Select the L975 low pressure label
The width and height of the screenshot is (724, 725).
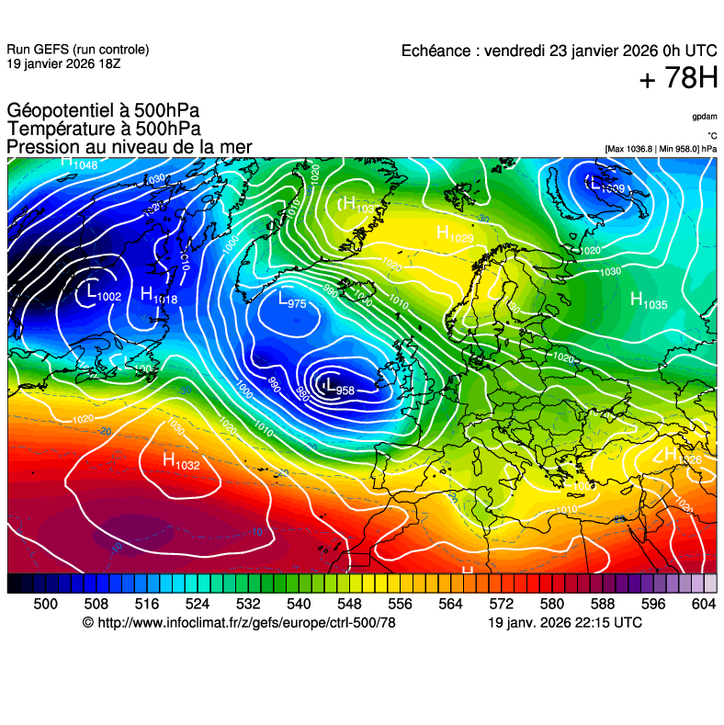coord(292,300)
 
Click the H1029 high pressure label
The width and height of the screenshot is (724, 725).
coord(455,235)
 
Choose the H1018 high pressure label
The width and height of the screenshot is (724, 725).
coord(159,296)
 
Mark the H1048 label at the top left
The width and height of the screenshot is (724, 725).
coord(79,163)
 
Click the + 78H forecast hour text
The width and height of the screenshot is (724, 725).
coord(678,79)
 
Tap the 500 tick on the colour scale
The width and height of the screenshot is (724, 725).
coord(45,604)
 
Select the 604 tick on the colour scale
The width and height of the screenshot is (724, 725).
coord(704,604)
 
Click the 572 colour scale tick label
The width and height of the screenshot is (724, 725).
coord(501,604)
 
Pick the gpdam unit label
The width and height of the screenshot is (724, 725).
coord(704,117)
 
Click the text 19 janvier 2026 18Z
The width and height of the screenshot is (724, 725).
coord(62,63)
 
